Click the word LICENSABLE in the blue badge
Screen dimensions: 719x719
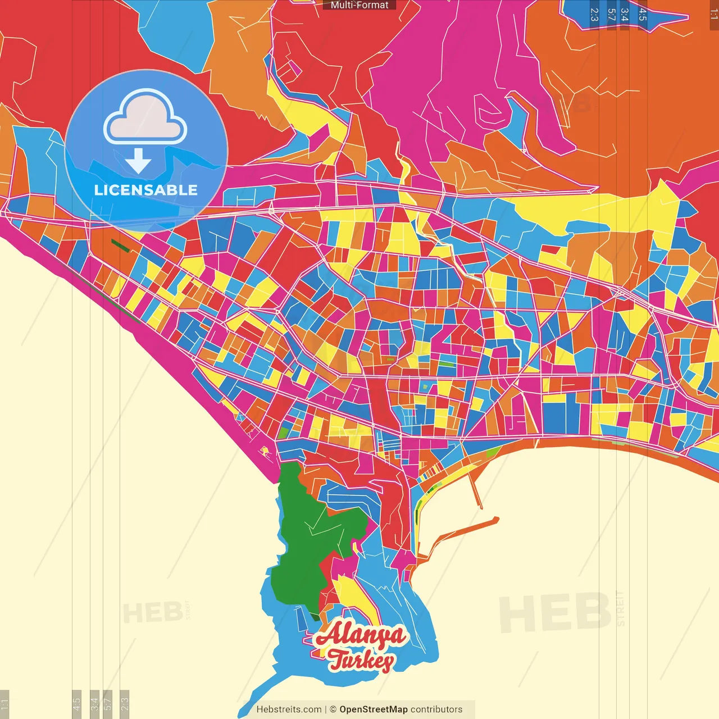(x=145, y=190)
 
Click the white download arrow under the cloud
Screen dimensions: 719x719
(x=138, y=161)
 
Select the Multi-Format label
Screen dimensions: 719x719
(x=359, y=5)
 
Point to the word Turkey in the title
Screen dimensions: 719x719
(x=361, y=661)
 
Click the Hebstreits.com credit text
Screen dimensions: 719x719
(x=289, y=709)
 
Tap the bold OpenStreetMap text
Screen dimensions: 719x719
(x=373, y=709)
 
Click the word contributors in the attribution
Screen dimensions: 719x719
(x=436, y=709)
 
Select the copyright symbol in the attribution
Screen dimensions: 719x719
(x=333, y=709)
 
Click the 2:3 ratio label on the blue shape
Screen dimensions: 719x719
(x=594, y=15)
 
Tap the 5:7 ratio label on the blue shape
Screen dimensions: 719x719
(x=611, y=15)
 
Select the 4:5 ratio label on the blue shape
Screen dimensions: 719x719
(x=642, y=15)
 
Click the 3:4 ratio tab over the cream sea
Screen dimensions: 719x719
(x=94, y=703)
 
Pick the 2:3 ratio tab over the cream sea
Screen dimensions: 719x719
(x=125, y=702)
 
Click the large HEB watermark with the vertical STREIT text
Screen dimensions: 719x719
(x=556, y=612)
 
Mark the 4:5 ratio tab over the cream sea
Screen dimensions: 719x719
(x=76, y=703)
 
